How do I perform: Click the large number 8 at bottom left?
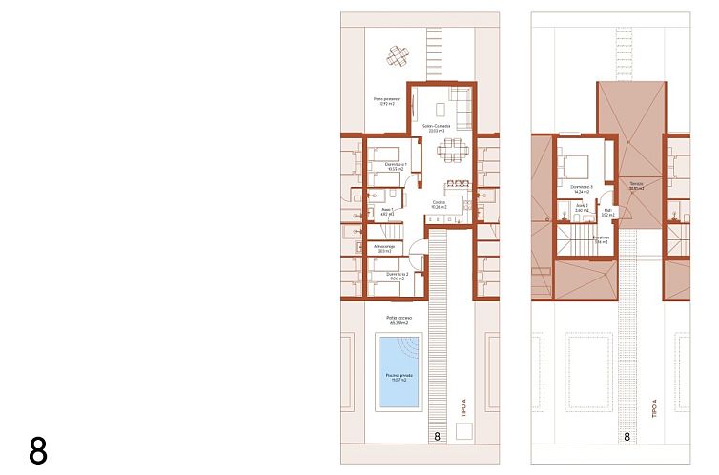(x=38, y=450)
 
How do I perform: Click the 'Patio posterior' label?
(x=385, y=101)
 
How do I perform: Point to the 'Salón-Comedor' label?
(x=436, y=128)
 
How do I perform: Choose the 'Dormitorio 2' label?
(x=397, y=276)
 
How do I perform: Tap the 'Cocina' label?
(x=440, y=204)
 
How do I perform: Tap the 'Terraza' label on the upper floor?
(x=636, y=185)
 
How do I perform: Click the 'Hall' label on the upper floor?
(x=607, y=212)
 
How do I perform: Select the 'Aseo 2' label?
(x=580, y=207)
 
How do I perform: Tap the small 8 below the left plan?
(x=437, y=437)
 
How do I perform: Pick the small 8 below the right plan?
(x=627, y=437)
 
